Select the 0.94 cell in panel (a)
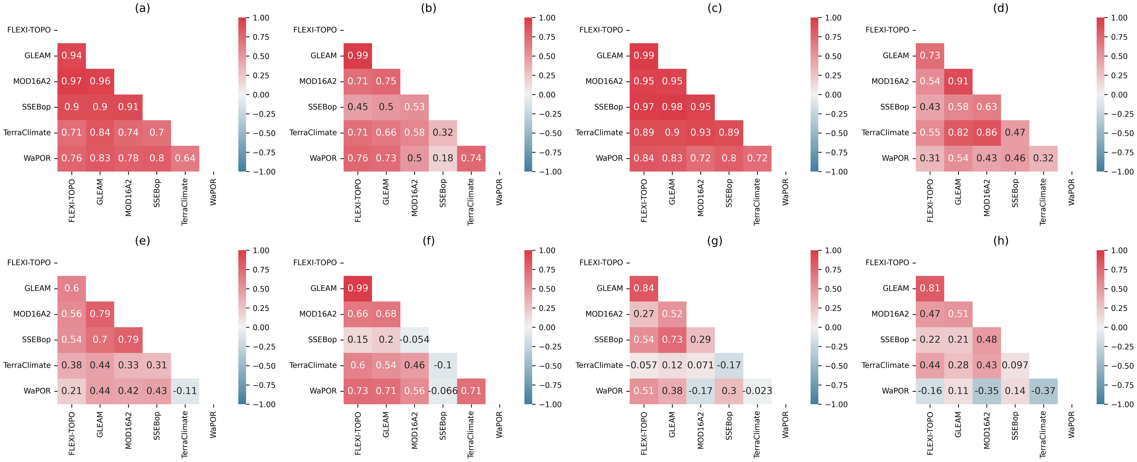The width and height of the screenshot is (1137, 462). pos(72,56)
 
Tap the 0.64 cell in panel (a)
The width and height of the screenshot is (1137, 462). pos(185,158)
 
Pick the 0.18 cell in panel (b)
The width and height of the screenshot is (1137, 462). pos(443,158)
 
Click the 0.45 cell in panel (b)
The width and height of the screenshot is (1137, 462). pos(358,107)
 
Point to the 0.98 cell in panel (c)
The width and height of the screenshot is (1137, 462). pos(672,107)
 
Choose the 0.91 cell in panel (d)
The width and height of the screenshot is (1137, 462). pos(958,81)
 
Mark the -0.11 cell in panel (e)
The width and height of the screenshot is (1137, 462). pos(185,391)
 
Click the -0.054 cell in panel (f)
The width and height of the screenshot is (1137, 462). pos(415,340)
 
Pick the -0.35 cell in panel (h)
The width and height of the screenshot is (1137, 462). pos(987,391)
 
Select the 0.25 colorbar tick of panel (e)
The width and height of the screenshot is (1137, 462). pos(261,308)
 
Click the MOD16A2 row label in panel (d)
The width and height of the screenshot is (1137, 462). pos(890,81)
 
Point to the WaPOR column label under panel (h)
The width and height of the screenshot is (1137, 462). pos(1071,425)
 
